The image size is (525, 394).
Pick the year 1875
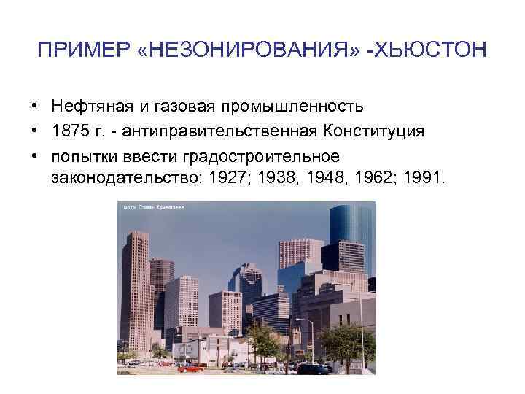pos(72,131)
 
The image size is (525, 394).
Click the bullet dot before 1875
pos(35,131)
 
